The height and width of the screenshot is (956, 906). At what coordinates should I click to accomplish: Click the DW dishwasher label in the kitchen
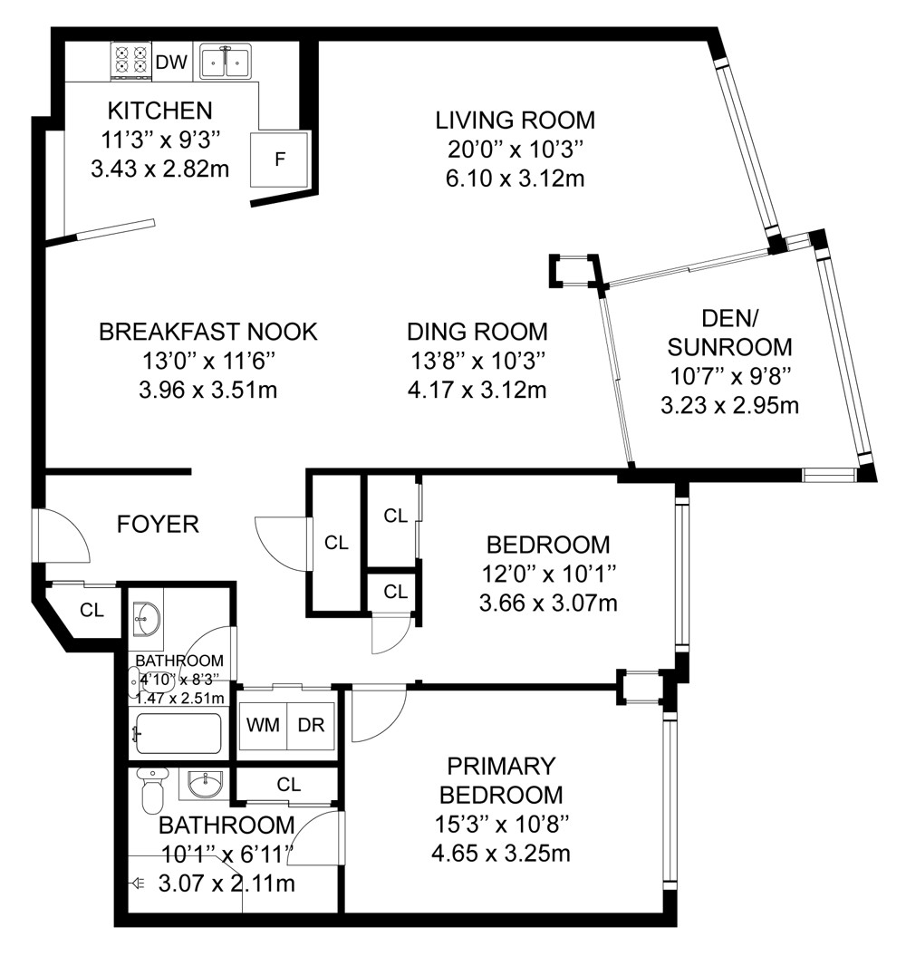[x=171, y=62]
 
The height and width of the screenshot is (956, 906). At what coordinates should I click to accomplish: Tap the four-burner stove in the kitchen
[x=131, y=61]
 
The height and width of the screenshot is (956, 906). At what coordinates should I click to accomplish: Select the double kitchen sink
[x=225, y=62]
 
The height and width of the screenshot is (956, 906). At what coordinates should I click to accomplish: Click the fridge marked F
[x=281, y=159]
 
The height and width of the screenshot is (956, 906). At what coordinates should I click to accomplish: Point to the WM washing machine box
[x=263, y=726]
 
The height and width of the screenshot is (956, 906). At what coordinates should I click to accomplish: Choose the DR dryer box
[x=311, y=726]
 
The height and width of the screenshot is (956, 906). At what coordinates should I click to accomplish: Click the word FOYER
[x=158, y=525]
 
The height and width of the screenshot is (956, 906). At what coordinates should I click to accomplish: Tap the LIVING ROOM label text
[x=516, y=121]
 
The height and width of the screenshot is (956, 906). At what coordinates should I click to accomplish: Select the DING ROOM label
[x=477, y=332]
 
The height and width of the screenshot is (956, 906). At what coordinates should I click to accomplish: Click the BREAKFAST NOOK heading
[x=208, y=332]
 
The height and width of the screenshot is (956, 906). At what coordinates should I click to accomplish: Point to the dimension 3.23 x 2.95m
[x=730, y=405]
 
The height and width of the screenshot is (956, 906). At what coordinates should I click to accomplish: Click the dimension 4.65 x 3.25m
[x=500, y=853]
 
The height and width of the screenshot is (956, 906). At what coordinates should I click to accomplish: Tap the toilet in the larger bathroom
[x=152, y=790]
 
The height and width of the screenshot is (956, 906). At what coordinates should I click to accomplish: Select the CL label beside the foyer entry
[x=92, y=610]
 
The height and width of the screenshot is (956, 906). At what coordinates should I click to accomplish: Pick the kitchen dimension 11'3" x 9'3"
[x=159, y=140]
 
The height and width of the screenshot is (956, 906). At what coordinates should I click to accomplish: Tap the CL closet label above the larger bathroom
[x=288, y=784]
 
